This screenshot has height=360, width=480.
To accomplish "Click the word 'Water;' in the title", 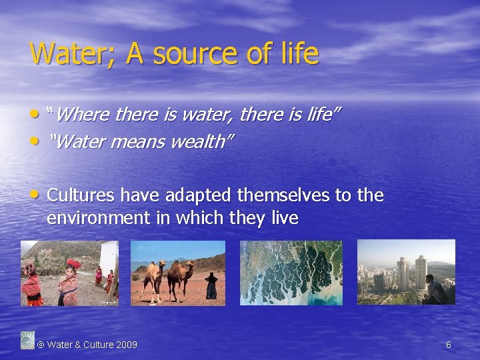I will (64, 54).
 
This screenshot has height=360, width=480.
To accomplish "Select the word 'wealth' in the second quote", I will (203, 142).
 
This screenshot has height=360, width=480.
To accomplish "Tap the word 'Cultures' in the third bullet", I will (77, 195).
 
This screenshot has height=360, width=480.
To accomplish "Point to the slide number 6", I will (449, 345).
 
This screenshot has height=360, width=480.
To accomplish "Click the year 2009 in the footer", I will (127, 345).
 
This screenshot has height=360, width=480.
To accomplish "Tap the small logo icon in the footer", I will (27, 340).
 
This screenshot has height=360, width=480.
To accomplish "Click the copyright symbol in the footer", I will (41, 345).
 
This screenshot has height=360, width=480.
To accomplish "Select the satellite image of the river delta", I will (291, 273).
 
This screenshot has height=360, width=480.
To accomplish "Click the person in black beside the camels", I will (211, 285).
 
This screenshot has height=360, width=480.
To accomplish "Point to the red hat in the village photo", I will (74, 265).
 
